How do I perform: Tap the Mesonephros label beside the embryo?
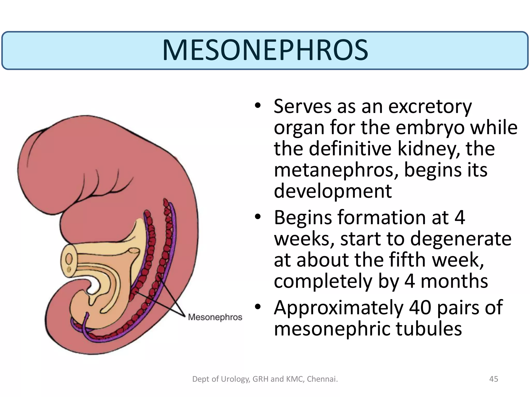point(215,317)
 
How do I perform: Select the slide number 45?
point(494,379)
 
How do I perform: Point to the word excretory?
point(430,106)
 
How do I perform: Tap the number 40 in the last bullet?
point(420,308)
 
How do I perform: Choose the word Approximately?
point(339,308)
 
